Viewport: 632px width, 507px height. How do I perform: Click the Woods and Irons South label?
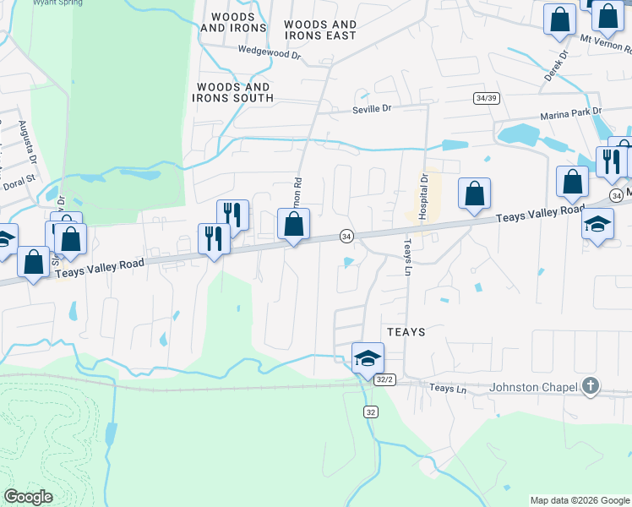233,92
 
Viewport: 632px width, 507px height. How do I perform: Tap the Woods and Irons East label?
320,30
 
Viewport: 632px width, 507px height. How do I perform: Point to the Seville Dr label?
372,109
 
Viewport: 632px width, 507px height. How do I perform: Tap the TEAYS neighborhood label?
406,332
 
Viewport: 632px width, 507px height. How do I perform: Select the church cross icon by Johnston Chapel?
591,388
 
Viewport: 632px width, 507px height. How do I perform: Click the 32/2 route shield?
385,380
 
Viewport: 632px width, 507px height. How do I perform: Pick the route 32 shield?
370,412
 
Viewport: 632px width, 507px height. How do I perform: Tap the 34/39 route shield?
487,98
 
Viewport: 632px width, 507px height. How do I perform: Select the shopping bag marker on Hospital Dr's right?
475,194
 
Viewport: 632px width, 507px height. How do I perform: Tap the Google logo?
28,497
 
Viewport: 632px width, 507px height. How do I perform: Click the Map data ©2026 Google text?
579,500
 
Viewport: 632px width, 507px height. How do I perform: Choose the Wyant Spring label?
57,3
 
